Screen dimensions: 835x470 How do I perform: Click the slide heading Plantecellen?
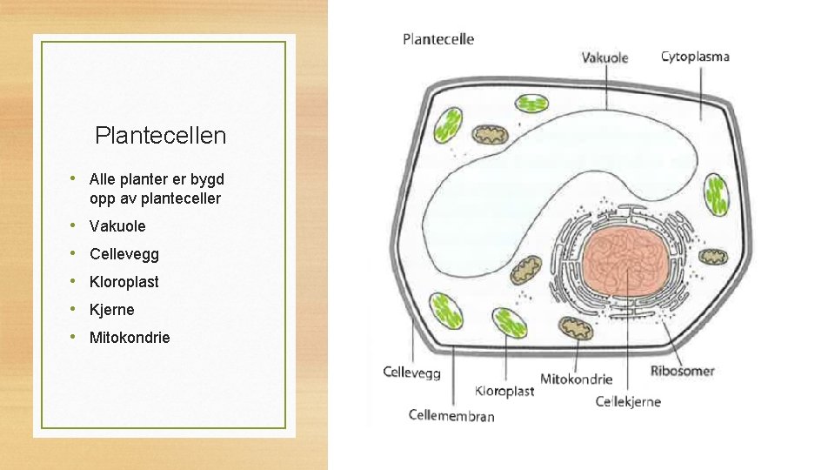pos(160,136)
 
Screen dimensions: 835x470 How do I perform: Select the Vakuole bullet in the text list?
pos(117,226)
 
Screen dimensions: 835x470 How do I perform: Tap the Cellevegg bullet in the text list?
pos(124,254)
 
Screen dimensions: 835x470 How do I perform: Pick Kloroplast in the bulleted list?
pos(124,282)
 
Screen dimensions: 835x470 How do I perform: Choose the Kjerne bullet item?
pos(111,310)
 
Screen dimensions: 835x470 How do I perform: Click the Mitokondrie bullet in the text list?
pos(130,338)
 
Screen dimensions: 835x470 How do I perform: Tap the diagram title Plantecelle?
pos(438,39)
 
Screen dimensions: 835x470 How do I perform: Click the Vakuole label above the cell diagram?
pos(605,57)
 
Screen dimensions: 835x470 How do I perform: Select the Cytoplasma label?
pos(695,57)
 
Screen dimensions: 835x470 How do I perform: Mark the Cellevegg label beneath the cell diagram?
pos(411,373)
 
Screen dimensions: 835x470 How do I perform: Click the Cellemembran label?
pos(451,415)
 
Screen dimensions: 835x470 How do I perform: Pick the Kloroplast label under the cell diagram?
pos(504,391)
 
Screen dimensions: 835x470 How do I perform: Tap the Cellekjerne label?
pos(628,401)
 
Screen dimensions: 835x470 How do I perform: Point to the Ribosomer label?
pos(682,371)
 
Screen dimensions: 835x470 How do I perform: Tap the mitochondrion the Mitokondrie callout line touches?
pos(575,329)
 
